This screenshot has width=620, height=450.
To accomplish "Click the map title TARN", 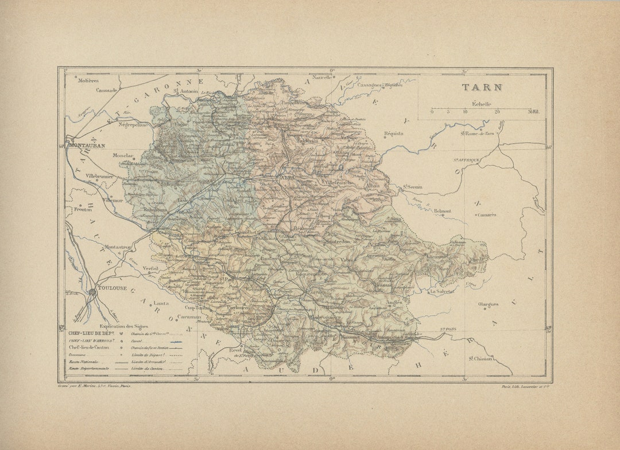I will click(482, 88).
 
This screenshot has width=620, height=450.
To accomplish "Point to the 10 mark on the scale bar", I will click(465, 112).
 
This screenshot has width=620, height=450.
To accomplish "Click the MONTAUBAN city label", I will click(87, 146).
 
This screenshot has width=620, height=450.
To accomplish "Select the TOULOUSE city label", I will click(113, 288).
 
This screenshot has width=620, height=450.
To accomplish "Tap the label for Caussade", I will click(107, 90).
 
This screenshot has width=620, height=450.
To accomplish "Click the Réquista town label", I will click(394, 133).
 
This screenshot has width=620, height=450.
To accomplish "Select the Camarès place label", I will click(486, 215).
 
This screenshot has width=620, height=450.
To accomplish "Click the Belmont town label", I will click(442, 211).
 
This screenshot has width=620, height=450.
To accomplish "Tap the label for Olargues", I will click(488, 304).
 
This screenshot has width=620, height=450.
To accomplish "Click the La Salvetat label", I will click(441, 291).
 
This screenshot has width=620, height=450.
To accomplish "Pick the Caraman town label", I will click(189, 316).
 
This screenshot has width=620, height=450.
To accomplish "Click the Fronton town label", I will click(83, 210).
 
